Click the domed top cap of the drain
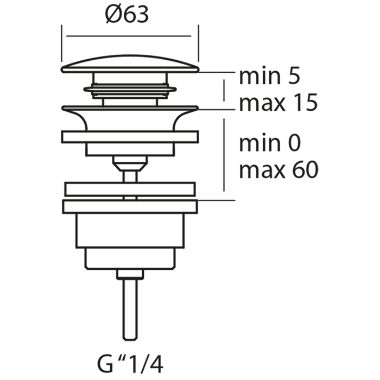[x=130, y=64]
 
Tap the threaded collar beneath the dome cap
[x=130, y=90]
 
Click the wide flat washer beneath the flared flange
[x=130, y=136]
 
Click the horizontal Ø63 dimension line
[x=130, y=36]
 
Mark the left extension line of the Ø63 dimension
[x=62, y=43]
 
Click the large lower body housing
[x=130, y=231]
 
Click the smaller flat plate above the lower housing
[x=130, y=189]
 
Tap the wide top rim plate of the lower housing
[x=130, y=206]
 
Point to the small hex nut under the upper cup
[x=130, y=161]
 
